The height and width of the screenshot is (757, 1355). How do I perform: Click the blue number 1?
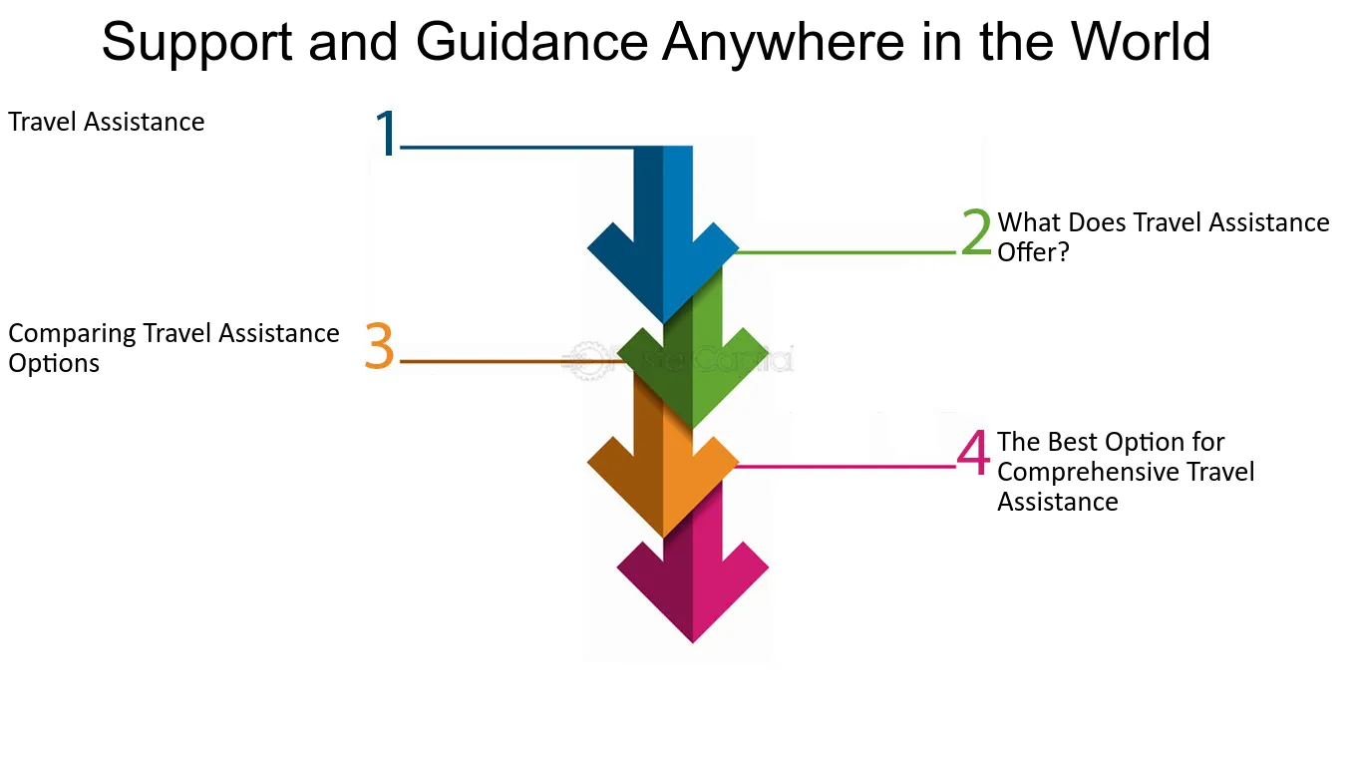[x=386, y=133]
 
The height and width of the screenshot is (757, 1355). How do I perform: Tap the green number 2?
[x=976, y=231]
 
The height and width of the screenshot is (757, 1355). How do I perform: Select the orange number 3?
[x=379, y=345]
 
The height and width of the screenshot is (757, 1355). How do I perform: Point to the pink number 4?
[x=973, y=452]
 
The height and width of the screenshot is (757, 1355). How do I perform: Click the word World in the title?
[x=1141, y=41]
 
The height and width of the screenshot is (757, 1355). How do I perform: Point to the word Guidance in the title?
[x=531, y=41]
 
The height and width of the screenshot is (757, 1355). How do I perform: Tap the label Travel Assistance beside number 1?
[x=107, y=122]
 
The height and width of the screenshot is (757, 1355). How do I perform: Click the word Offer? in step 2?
[x=1033, y=252]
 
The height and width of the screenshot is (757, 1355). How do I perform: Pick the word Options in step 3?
[x=54, y=364]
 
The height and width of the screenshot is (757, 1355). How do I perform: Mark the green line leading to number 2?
[x=846, y=252]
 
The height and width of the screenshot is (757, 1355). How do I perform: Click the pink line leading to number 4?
[x=846, y=467]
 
